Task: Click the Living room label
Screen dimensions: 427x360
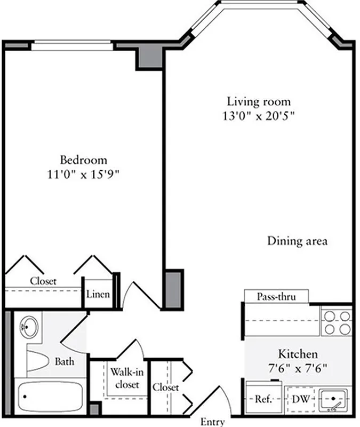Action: click(x=259, y=101)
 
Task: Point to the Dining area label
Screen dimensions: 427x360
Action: click(x=297, y=241)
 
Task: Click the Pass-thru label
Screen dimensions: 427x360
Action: click(x=276, y=296)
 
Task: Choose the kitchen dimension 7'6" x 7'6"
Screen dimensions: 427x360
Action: click(x=298, y=368)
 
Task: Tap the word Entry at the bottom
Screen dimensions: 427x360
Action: click(x=212, y=422)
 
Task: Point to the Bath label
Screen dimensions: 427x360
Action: click(x=65, y=362)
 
